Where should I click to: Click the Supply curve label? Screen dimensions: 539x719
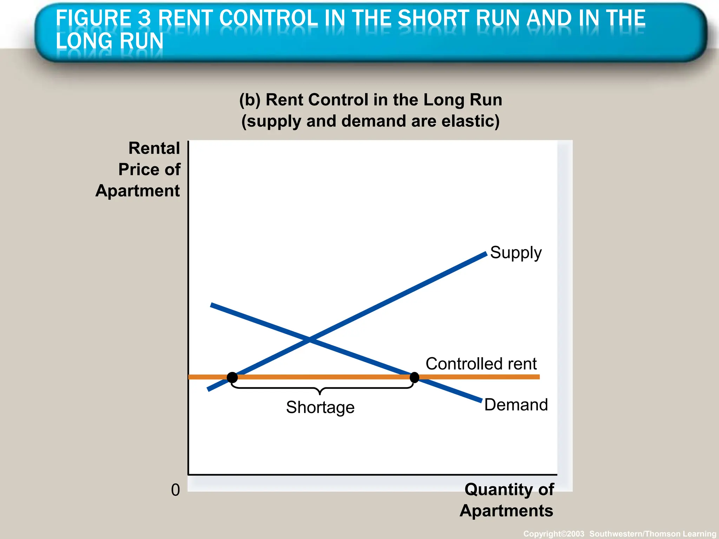(515, 253)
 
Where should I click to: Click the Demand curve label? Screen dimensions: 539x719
(516, 405)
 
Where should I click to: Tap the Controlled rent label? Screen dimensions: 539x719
(481, 364)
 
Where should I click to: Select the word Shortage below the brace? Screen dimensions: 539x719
(320, 407)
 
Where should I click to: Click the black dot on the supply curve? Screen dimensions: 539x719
(232, 378)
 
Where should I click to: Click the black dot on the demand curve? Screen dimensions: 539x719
(414, 378)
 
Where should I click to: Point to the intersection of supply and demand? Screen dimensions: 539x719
(310, 339)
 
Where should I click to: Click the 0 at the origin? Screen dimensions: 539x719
(175, 490)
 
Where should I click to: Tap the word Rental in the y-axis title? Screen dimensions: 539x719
(154, 148)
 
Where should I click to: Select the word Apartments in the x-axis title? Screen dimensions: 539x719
(506, 511)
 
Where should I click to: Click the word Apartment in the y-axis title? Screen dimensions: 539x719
(137, 191)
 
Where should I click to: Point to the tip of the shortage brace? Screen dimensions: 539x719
(319, 394)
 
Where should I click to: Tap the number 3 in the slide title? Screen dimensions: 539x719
(144, 18)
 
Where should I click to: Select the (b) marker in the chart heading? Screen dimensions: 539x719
(250, 100)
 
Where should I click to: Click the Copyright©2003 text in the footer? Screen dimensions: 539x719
(554, 534)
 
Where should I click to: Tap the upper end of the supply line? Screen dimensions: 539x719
(486, 254)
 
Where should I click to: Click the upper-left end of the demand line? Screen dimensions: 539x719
(212, 305)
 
